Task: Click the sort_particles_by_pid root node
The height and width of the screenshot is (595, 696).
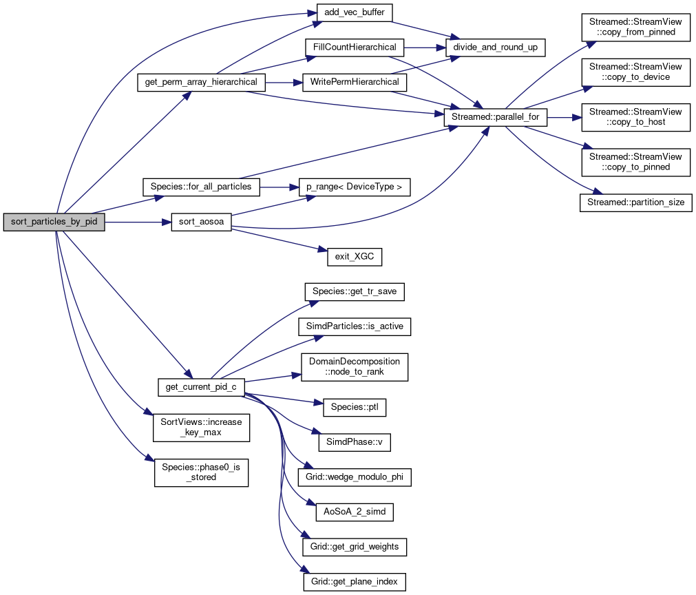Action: (54, 222)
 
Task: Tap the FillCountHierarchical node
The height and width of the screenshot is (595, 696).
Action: (355, 48)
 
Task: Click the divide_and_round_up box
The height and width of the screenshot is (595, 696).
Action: (496, 48)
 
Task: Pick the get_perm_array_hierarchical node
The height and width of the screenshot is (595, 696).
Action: (201, 82)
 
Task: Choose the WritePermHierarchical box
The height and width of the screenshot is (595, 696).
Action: (355, 82)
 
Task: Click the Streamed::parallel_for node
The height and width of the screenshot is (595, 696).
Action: (496, 118)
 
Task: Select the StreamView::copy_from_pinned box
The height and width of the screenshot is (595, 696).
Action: (636, 27)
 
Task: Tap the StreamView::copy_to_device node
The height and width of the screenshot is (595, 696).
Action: (636, 72)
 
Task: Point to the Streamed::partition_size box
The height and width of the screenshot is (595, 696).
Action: (636, 203)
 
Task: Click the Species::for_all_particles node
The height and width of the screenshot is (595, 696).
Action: (201, 186)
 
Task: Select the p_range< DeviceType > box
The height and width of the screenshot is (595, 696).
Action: (355, 187)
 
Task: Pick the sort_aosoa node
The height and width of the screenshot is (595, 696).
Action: (201, 222)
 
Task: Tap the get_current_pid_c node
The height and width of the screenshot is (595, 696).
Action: (201, 387)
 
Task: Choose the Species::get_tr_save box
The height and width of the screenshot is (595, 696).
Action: (355, 291)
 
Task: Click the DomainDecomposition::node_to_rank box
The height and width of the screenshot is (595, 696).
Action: (355, 367)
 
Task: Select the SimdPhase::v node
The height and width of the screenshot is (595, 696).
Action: (355, 442)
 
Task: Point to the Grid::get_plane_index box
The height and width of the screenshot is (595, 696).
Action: (355, 581)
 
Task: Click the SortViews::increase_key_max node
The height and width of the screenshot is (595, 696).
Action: (201, 428)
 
